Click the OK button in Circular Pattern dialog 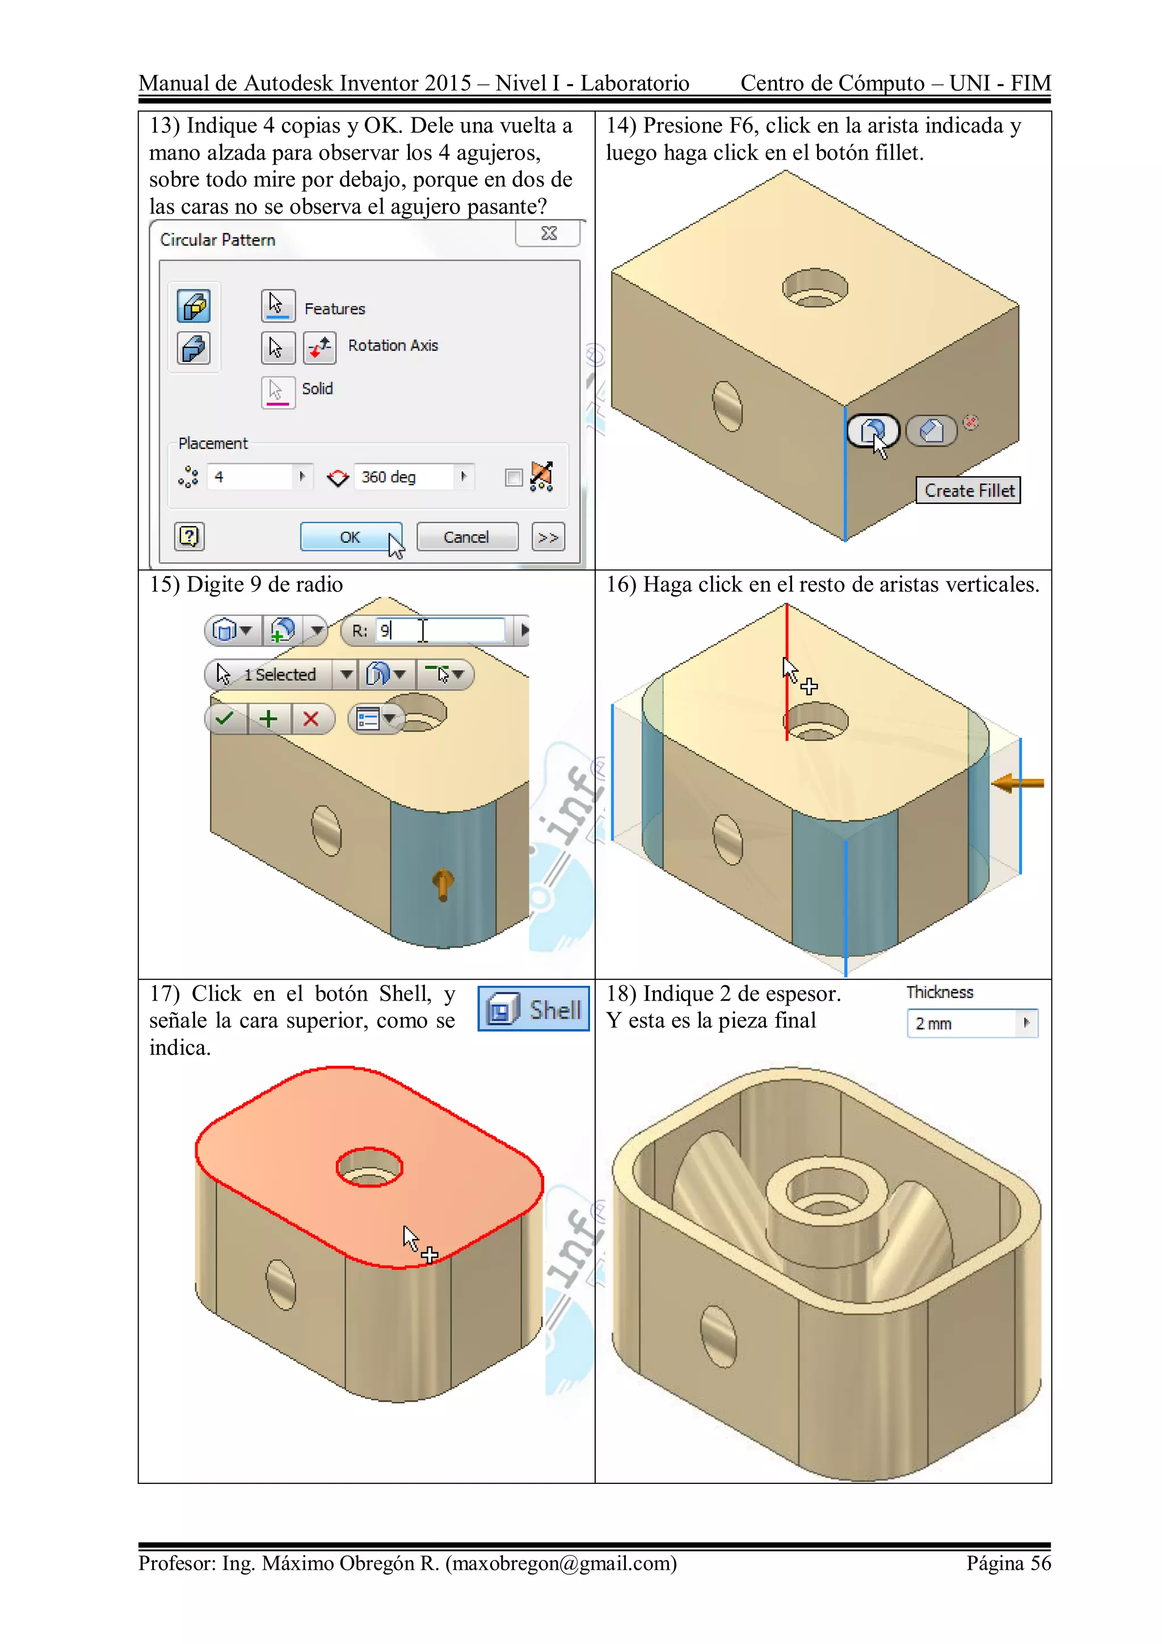(350, 537)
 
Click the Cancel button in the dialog (466, 537)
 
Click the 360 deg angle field (405, 477)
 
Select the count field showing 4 (251, 477)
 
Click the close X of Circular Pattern (549, 233)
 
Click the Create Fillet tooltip (968, 490)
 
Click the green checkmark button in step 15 (225, 718)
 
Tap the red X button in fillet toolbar (311, 718)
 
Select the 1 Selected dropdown (279, 675)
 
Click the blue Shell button (533, 1010)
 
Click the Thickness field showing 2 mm (962, 1024)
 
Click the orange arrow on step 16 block (1017, 783)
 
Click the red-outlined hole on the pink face (369, 1167)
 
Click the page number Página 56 (1008, 1563)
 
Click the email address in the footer (561, 1563)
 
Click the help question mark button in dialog (189, 536)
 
